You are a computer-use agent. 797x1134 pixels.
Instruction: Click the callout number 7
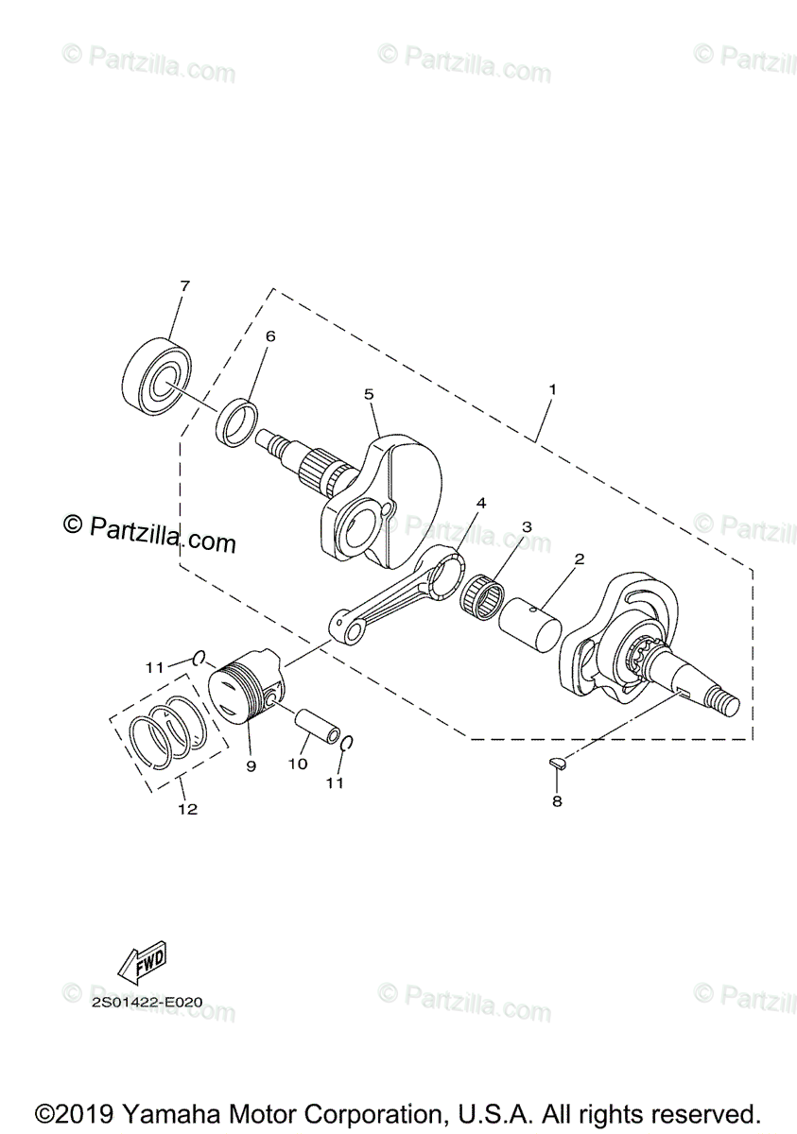pos(184,285)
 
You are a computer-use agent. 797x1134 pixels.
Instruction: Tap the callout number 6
pos(269,335)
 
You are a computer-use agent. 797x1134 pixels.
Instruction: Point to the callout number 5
pos(369,394)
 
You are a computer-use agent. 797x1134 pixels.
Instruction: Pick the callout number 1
pos(552,389)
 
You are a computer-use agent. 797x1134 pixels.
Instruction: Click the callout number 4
pos(481,504)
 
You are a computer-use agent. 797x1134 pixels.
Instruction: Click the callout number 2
pos(579,559)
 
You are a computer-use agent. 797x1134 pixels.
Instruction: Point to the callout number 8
pos(557,801)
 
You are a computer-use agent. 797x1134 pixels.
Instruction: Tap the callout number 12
pos(187,809)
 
